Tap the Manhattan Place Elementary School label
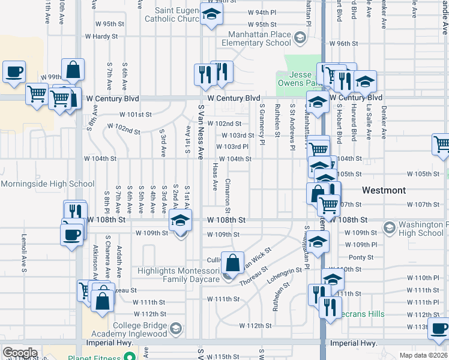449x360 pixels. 256,39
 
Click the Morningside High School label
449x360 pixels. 47,184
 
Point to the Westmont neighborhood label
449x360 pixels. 384,190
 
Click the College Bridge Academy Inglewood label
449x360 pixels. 128,328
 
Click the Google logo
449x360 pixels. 20,352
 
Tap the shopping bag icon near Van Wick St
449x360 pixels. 232,262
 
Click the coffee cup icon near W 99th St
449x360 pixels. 14,71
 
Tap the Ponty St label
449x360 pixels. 361,257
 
